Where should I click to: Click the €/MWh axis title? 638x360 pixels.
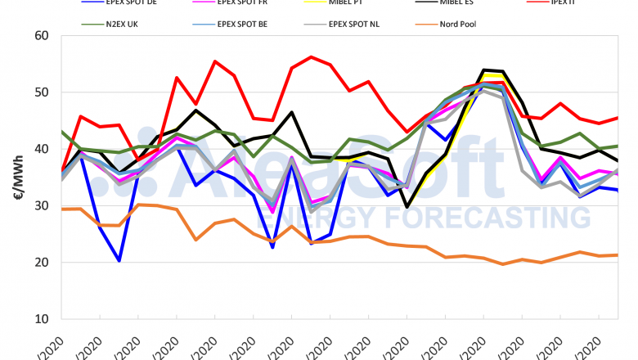click(x=15, y=176)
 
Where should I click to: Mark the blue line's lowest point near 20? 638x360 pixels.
click(x=119, y=260)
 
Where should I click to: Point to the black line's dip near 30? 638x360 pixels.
click(x=407, y=207)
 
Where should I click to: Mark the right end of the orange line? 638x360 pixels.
click(x=617, y=255)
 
